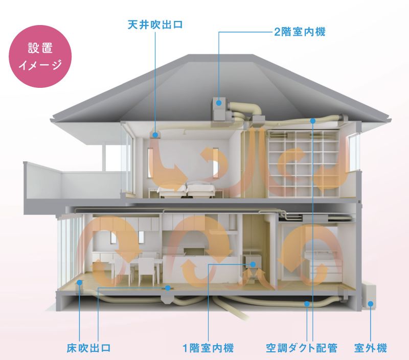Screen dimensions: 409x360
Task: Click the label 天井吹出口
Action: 155,25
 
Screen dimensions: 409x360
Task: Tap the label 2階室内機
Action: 300,32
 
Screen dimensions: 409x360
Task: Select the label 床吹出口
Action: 88,348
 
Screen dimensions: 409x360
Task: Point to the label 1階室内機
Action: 208,348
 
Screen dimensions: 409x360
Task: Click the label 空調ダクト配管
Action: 302,348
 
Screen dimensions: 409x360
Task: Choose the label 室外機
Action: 370,348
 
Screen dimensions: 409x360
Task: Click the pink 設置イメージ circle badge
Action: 40,56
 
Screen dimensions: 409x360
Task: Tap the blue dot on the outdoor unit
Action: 370,304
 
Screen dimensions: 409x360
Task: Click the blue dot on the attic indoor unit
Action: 219,103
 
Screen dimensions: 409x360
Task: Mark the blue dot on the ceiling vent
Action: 155,135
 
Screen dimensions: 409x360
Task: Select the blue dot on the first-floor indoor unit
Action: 253,265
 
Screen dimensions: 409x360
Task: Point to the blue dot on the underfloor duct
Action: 307,304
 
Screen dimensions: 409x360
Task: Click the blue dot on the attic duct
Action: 313,121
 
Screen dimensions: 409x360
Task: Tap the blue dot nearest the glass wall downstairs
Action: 80,282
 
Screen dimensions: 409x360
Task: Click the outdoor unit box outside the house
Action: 369,297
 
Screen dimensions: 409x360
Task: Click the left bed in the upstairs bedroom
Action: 173,190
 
